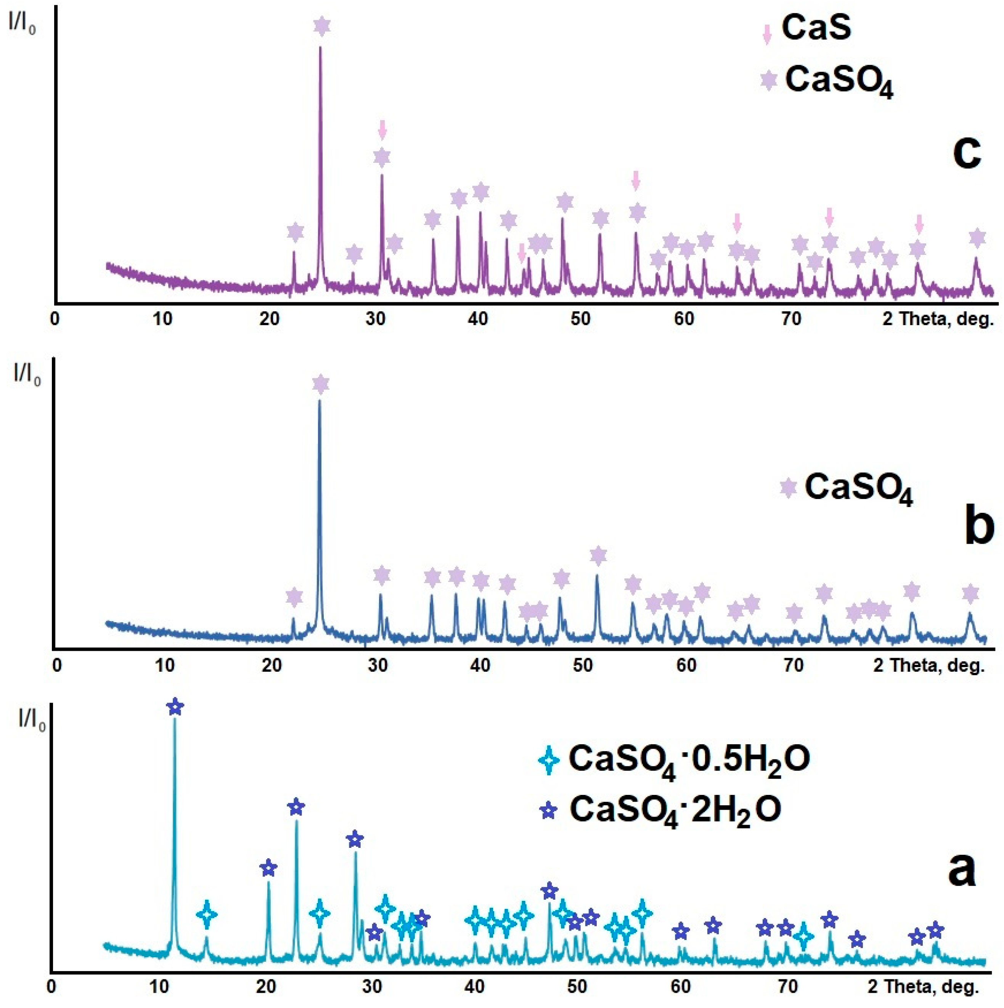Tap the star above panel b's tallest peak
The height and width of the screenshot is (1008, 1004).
coord(321,385)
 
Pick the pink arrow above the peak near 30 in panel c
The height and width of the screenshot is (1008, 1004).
coord(382,129)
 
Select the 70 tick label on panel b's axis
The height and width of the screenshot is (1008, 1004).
coord(793,665)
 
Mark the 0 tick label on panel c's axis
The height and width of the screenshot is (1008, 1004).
coord(55,319)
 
